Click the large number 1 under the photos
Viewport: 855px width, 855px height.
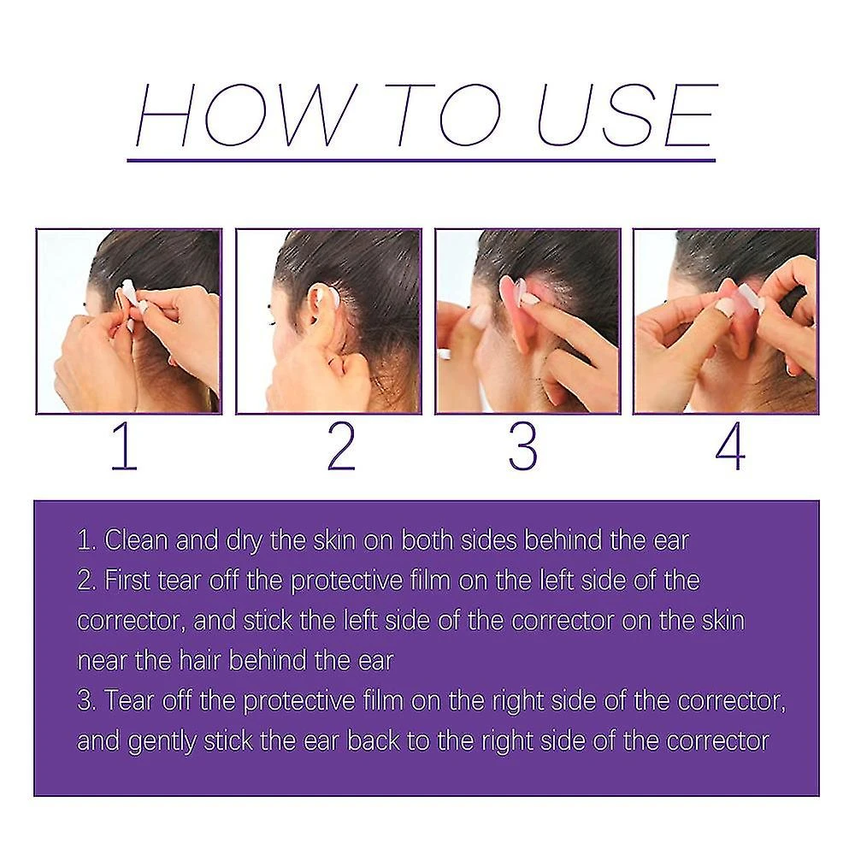click(125, 448)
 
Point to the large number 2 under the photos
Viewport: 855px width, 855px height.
click(341, 448)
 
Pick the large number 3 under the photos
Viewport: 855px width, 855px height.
click(522, 448)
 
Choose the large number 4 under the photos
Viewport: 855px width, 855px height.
click(729, 448)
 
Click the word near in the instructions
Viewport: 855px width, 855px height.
click(100, 660)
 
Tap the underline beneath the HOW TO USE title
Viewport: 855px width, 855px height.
click(421, 159)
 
